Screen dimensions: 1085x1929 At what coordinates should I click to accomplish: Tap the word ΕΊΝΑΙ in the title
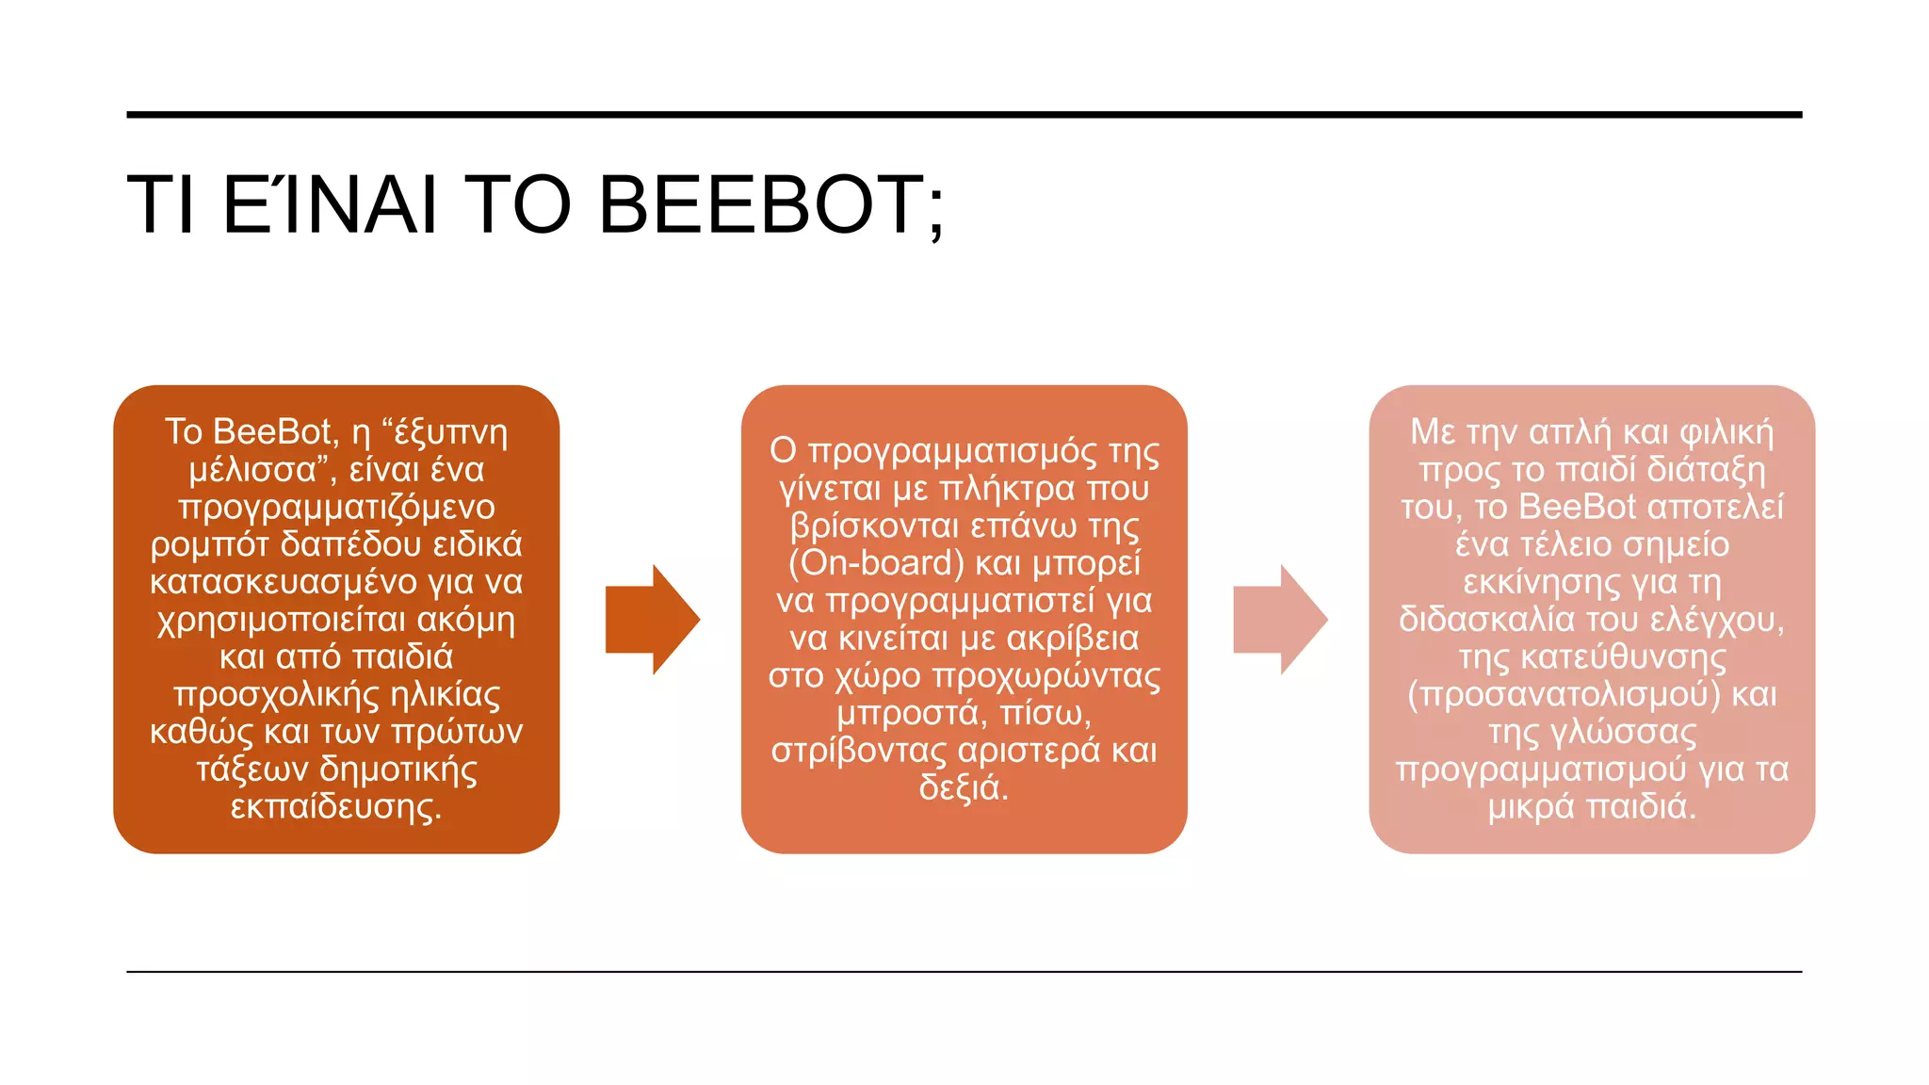coord(331,204)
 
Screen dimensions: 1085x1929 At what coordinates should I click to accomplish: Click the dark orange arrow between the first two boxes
coord(652,620)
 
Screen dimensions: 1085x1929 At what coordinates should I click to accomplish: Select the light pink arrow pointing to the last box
coord(1280,620)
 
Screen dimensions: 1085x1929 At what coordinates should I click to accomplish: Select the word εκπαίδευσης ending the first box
coord(335,807)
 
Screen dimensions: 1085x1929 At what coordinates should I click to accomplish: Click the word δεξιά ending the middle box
coord(964,788)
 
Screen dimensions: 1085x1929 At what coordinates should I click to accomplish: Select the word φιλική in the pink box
coord(1726,432)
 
